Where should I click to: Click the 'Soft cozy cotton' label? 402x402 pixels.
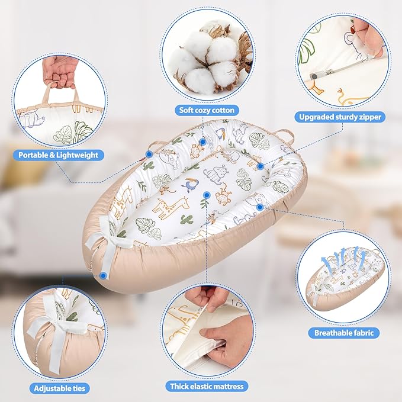tap(207, 110)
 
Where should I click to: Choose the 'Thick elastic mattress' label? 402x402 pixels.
tap(207, 387)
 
